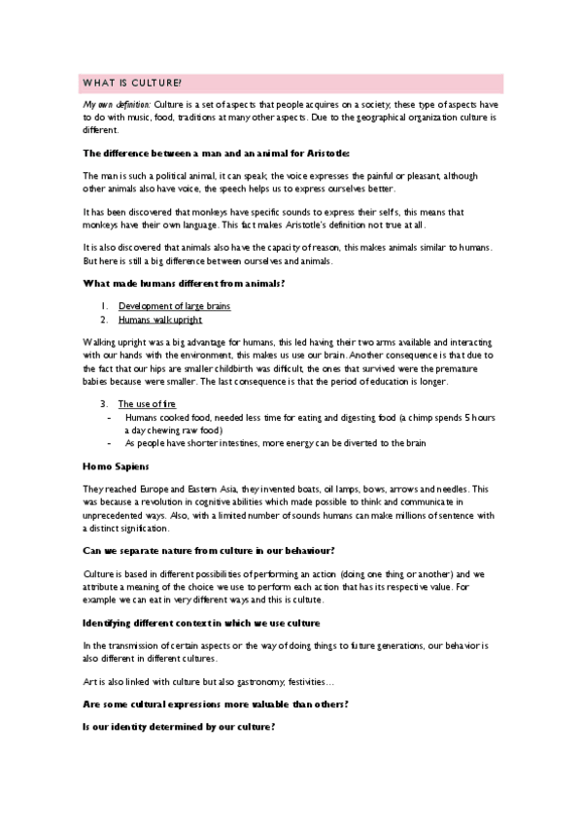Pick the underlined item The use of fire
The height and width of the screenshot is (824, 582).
pos(147,403)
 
